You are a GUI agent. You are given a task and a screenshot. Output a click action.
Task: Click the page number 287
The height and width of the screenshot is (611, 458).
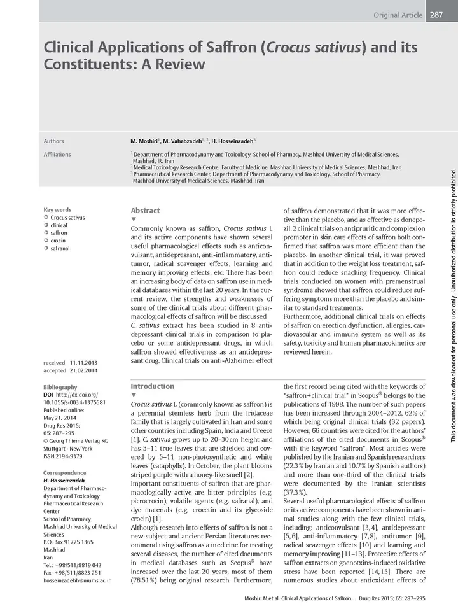click(436, 15)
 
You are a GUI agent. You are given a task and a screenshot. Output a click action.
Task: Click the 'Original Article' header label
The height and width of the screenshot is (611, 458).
click(398, 15)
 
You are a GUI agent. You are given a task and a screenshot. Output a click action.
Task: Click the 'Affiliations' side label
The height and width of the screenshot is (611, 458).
click(57, 155)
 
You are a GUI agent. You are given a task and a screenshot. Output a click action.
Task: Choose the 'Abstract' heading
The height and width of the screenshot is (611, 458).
click(145, 211)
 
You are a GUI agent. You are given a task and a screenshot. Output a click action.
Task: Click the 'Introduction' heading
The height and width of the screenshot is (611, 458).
click(152, 386)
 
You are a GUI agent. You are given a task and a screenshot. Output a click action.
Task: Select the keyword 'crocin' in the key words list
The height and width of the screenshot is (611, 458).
click(59, 241)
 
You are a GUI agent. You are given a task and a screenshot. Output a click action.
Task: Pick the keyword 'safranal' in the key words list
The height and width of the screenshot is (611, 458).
click(60, 249)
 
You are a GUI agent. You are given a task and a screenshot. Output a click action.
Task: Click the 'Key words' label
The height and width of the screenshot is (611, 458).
click(57, 210)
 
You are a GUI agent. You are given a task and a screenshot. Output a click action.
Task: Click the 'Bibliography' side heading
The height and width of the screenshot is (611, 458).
click(60, 387)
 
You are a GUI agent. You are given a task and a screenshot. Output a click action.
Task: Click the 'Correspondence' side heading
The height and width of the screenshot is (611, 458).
click(64, 473)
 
